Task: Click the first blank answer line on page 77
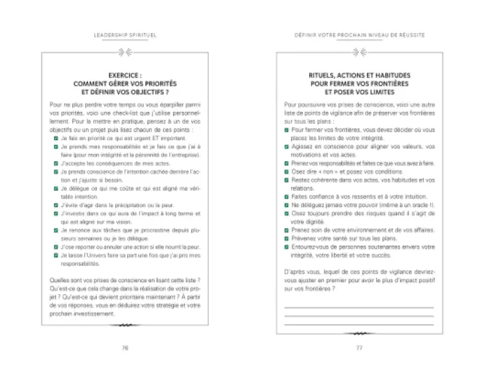[358, 308]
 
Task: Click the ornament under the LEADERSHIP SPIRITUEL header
[124, 50]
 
